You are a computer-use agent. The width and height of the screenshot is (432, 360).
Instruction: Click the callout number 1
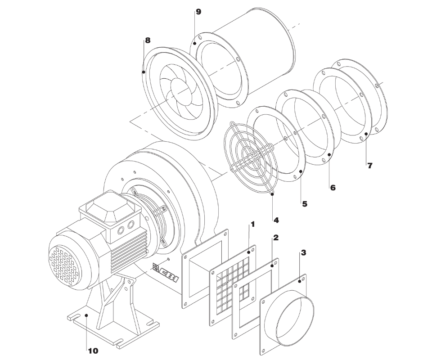coord(252,224)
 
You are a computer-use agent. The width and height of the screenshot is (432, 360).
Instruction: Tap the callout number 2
coord(275,238)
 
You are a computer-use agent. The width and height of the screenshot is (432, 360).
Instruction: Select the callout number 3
coord(303,252)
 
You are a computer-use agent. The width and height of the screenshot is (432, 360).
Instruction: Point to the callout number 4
coord(276,220)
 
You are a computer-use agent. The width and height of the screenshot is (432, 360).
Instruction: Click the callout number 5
coord(305,204)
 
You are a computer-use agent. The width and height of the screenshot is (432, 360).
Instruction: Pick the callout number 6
coord(333,188)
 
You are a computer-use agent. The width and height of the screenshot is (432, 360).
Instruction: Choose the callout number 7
coord(370,166)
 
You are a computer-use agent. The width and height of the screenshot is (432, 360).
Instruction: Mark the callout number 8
coord(148,40)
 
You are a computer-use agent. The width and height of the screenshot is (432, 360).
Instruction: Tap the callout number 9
coord(198,12)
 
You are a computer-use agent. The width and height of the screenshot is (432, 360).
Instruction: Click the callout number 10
coord(93,351)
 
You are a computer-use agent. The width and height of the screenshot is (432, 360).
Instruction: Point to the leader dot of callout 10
coord(86,315)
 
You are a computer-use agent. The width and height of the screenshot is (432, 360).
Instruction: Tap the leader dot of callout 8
coord(144,72)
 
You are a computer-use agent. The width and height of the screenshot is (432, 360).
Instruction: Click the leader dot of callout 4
coord(272,194)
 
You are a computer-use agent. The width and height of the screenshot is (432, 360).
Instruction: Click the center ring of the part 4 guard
coord(250,158)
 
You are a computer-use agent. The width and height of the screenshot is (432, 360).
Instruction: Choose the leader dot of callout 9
coord(194,43)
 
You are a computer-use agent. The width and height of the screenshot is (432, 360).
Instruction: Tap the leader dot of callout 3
coord(300,282)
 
